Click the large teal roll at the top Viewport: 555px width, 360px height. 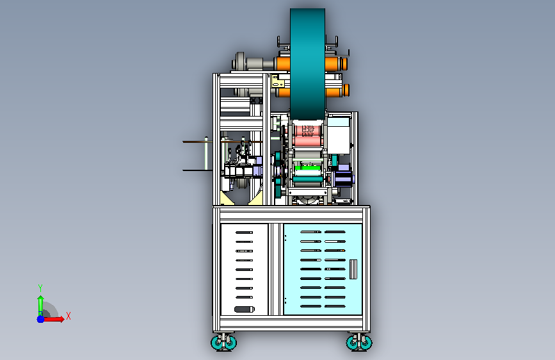[307, 64]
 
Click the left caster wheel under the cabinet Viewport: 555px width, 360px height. [223, 342]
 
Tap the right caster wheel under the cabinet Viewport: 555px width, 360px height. [359, 342]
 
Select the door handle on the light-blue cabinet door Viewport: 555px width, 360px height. [353, 269]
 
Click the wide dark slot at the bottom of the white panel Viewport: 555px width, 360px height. [245, 309]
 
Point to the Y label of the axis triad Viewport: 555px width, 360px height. [40, 288]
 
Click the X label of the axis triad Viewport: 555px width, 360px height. [68, 316]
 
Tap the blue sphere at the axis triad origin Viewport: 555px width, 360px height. [41, 319]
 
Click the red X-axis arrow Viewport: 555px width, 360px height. [53, 319]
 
